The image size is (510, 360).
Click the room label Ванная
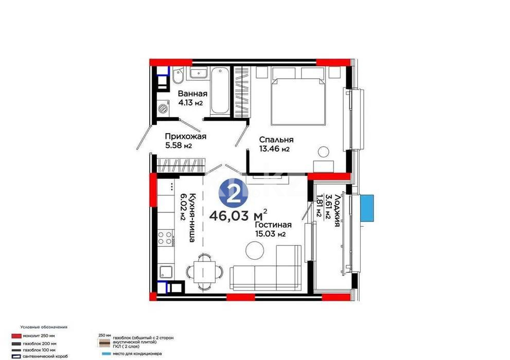coord(192,94)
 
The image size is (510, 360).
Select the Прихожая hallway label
coord(185,136)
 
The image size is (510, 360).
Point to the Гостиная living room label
coord(273,225)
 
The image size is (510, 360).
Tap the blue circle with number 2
coord(234,194)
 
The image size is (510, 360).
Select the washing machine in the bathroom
coord(164,109)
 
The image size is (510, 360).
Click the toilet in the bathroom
coord(177,78)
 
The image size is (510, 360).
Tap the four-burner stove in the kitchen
coord(165,238)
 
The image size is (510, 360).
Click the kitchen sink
coord(165,272)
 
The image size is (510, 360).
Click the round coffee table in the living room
coord(254,250)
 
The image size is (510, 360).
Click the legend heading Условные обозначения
coord(44,327)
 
